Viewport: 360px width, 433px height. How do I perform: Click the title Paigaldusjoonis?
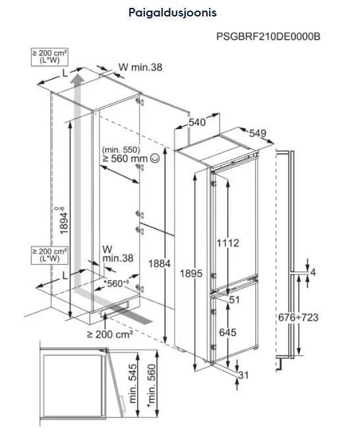[172, 13]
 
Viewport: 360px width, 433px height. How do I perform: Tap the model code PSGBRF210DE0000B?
[268, 36]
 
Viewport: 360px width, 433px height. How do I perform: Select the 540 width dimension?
[197, 122]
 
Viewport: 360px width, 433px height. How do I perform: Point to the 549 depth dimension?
[257, 133]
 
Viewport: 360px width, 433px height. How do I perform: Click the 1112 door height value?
[227, 243]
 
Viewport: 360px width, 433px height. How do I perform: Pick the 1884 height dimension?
[160, 264]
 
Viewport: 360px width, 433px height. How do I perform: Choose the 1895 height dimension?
[191, 274]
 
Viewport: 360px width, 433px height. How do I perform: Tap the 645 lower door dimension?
[227, 332]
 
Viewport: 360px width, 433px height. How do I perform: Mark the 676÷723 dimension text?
[298, 318]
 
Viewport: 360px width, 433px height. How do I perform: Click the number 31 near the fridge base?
[243, 375]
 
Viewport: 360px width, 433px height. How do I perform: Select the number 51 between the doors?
[234, 300]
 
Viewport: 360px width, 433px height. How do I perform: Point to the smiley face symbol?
[155, 158]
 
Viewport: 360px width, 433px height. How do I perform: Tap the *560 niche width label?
[116, 283]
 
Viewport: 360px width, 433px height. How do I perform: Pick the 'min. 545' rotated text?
[133, 384]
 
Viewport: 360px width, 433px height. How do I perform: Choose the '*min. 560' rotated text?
[152, 386]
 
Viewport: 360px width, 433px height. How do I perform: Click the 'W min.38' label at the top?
[140, 67]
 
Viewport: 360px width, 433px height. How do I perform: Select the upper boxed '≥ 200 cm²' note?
[49, 57]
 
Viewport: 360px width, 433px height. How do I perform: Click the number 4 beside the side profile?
[313, 272]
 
